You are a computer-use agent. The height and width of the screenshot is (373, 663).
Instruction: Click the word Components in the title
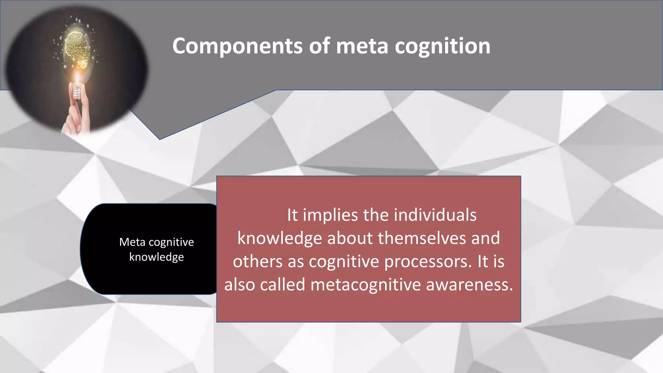(x=238, y=46)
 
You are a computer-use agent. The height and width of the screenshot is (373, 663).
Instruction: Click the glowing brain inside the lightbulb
(x=77, y=47)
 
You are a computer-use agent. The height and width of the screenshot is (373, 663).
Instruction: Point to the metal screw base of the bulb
(x=77, y=92)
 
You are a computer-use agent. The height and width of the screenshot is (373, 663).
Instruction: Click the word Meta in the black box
(x=132, y=242)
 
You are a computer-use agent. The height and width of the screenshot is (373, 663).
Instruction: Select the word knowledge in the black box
(x=156, y=257)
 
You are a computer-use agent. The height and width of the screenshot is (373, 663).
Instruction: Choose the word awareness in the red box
(x=469, y=285)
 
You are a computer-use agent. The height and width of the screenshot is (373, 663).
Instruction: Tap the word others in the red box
(x=258, y=262)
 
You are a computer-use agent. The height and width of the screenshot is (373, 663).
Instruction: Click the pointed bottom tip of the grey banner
(x=160, y=139)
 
